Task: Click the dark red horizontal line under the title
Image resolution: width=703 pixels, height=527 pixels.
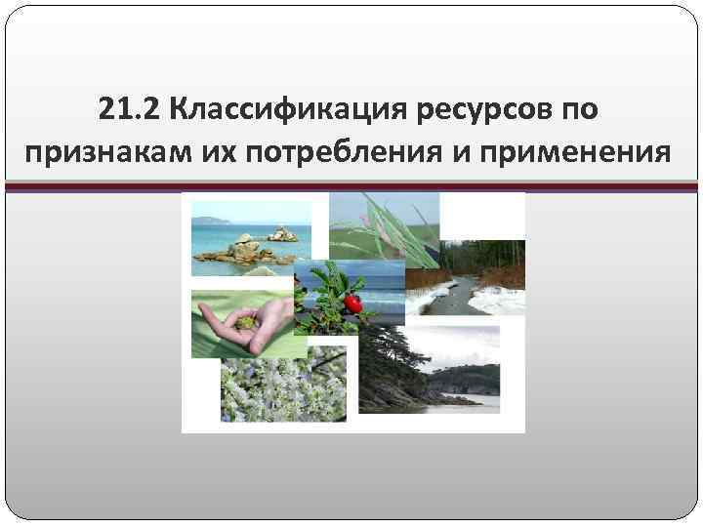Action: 351,187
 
